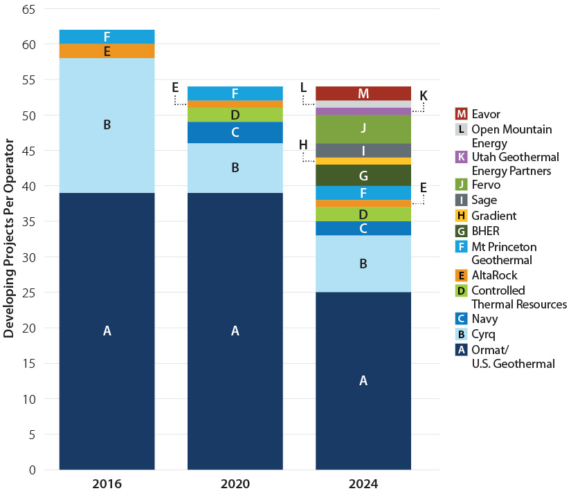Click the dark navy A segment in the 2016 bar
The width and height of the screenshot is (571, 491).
(107, 331)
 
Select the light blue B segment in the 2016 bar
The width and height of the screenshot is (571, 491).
(107, 125)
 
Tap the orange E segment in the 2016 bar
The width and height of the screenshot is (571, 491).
(107, 51)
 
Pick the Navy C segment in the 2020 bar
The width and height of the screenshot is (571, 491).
(235, 132)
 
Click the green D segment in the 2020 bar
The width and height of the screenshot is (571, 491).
(235, 115)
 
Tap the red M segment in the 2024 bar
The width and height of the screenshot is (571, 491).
(363, 93)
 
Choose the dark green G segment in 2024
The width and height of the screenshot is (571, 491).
(363, 175)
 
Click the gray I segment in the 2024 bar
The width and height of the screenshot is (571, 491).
(363, 150)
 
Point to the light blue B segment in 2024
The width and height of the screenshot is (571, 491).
(363, 263)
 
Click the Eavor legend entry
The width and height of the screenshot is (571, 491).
(484, 113)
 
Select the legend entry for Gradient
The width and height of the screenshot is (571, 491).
(493, 216)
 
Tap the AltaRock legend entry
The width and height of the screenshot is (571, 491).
(493, 275)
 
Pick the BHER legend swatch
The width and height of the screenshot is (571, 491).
(461, 231)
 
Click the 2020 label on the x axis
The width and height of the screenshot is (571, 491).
(235, 483)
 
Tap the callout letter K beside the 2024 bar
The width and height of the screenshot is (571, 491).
(424, 95)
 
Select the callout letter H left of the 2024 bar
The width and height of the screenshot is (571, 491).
(303, 145)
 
